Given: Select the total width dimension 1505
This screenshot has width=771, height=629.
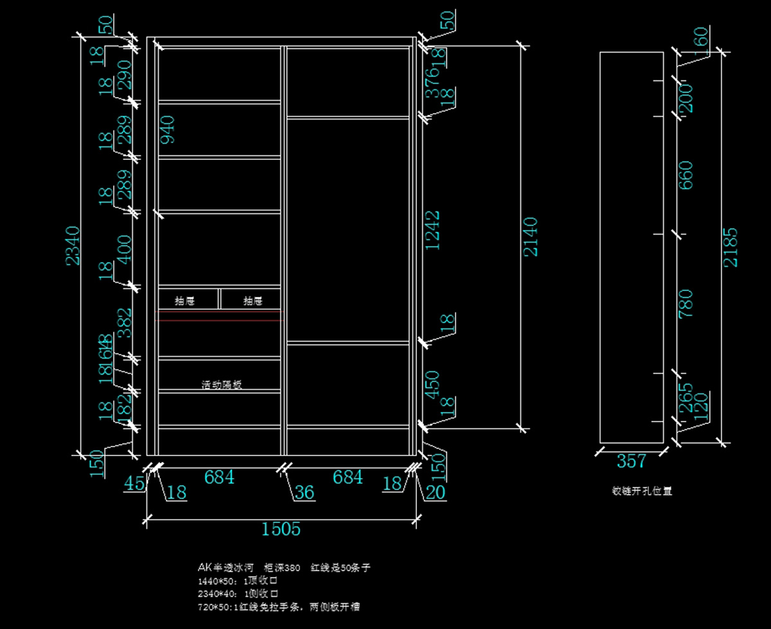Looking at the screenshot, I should pos(281,529).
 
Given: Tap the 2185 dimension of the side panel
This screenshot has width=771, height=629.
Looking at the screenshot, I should pos(731,247).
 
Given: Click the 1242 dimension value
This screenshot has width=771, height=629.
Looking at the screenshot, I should pos(434,230).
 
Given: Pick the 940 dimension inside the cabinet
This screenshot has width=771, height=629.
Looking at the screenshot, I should pos(166,130).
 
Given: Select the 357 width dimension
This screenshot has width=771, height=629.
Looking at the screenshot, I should pos(631,461).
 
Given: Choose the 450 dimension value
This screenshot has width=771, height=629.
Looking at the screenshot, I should pos(434,384).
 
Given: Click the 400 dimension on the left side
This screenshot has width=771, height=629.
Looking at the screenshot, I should pos(124,249).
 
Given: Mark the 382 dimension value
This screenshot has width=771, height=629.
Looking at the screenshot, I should pos(124,323).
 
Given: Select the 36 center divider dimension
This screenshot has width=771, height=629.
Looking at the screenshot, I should pos(305,492).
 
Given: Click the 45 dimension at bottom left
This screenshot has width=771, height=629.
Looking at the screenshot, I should pos(134,483).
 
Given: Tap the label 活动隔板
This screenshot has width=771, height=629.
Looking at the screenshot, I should pos(222,385).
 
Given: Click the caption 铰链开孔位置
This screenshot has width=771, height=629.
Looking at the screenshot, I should pos(641,491).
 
